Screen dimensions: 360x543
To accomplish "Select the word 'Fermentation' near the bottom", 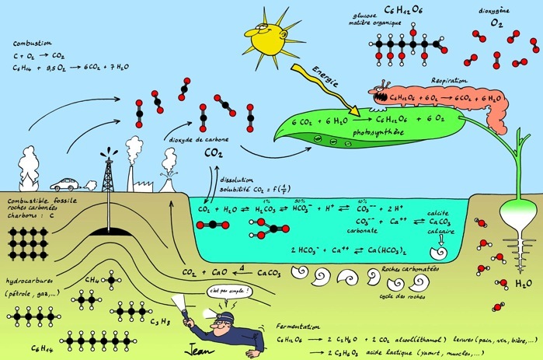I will pyautogui.click(x=298, y=327).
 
